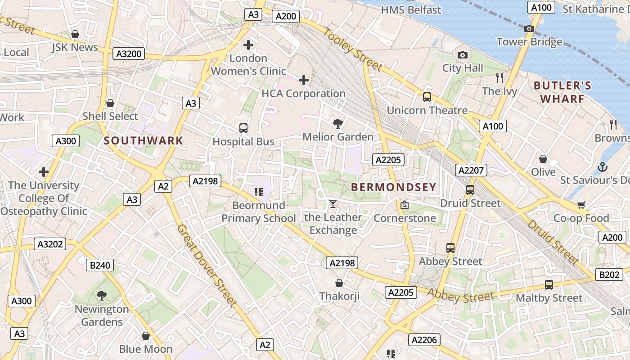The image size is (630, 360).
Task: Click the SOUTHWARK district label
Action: point(144,140)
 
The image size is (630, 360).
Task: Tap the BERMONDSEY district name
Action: point(394,187)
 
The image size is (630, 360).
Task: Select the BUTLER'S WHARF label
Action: point(562,92)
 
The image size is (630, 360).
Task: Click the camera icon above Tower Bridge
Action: point(529,29)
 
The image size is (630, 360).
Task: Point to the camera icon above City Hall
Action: point(462,55)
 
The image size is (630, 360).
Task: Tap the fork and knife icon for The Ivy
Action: point(499,78)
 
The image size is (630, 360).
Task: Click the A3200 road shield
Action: point(129,54)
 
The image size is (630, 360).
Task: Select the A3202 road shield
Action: point(50,244)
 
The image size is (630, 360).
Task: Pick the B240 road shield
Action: point(100,265)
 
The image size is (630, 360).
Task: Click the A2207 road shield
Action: point(471,170)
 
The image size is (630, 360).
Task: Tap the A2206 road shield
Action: point(424,340)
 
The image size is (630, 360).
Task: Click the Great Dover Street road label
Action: point(207,265)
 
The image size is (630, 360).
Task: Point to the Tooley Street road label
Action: point(353,49)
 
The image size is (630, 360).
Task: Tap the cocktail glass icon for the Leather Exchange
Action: point(333,204)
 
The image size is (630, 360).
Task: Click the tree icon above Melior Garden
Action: point(337,123)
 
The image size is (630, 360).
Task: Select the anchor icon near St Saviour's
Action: point(602,167)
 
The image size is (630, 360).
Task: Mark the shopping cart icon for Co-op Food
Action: point(581,205)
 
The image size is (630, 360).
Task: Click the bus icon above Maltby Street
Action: point(549,285)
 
